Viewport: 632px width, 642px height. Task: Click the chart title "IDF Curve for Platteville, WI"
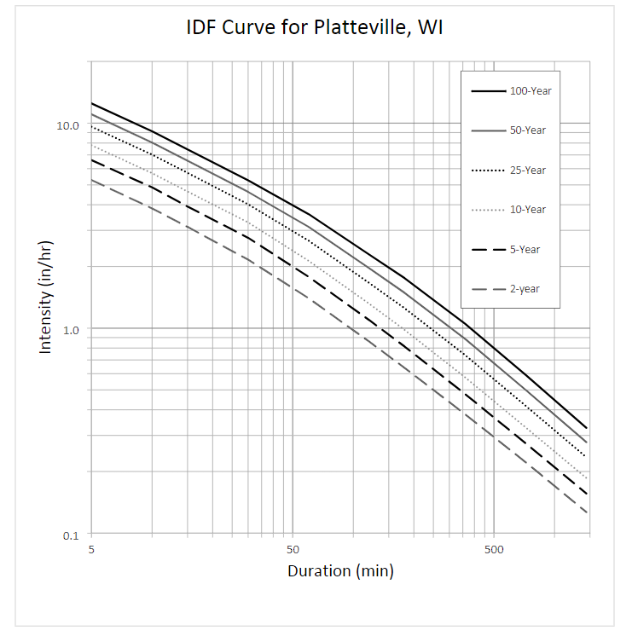(x=315, y=28)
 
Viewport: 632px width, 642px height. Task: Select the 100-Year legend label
(x=528, y=90)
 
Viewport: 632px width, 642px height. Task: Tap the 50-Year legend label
(x=528, y=130)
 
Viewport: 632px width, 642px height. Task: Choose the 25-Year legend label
(x=528, y=171)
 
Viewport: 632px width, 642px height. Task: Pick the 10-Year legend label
(x=528, y=210)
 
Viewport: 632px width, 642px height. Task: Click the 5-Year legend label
(x=528, y=250)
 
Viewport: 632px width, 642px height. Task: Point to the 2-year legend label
(x=525, y=289)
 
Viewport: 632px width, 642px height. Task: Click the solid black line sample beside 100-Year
(x=488, y=90)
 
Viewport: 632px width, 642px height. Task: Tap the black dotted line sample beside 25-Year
(x=488, y=171)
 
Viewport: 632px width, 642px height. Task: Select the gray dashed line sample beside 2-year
(x=488, y=289)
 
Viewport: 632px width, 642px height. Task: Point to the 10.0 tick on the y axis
(x=67, y=125)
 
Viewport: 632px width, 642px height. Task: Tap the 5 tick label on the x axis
(x=91, y=551)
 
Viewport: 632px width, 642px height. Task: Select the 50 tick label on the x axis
(x=293, y=551)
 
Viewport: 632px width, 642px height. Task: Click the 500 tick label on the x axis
(x=494, y=551)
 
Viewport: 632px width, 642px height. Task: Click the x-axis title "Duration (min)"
(x=340, y=571)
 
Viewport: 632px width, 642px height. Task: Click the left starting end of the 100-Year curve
(x=92, y=103)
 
